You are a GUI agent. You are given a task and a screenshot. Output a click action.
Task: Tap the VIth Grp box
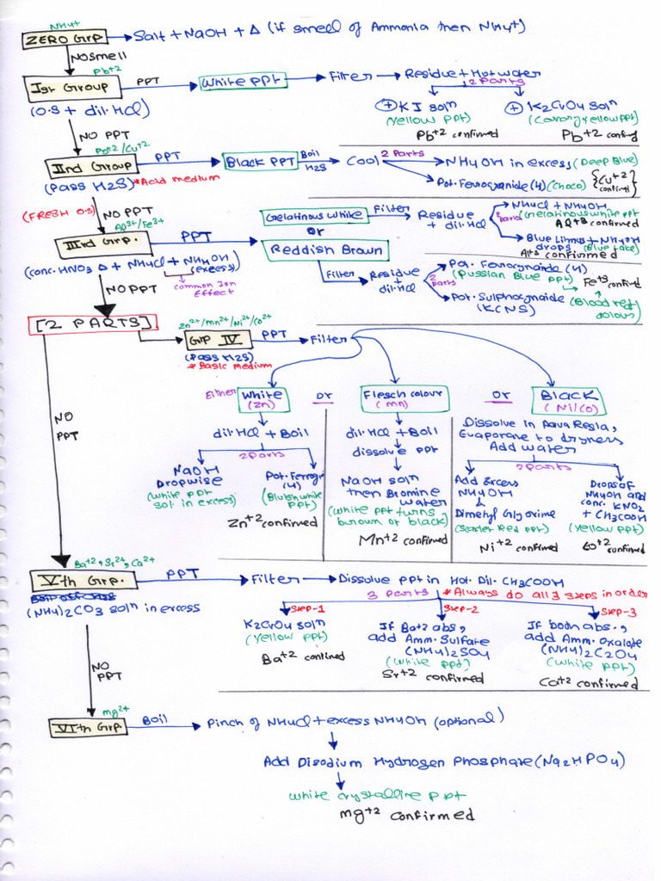click(89, 727)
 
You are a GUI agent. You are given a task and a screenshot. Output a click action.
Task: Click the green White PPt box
click(244, 83)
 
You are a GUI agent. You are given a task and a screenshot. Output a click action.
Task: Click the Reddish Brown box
click(325, 250)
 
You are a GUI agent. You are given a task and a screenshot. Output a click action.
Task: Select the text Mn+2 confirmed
click(404, 540)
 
